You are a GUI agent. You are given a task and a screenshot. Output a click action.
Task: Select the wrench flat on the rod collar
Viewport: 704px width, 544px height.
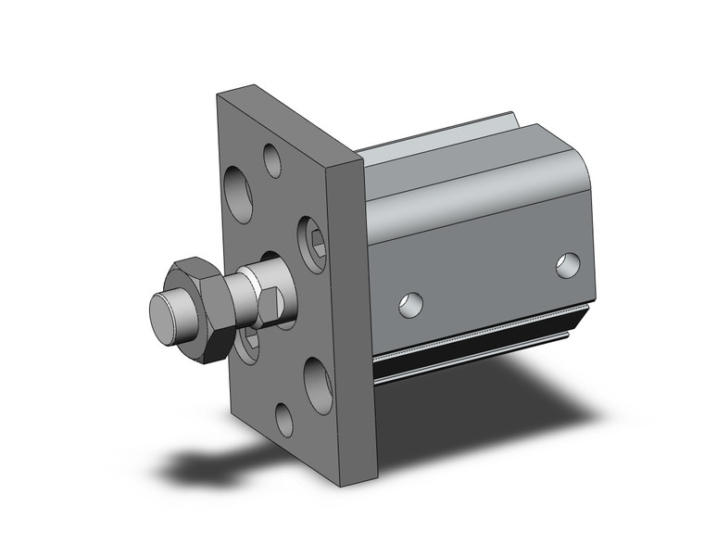coord(270,305)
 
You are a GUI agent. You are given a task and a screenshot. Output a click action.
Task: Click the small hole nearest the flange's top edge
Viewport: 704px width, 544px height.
coord(272,159)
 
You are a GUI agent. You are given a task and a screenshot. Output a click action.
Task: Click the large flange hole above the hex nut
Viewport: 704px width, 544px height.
coord(240,194)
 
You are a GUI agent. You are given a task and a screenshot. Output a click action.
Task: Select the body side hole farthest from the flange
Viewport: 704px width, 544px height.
coord(568,265)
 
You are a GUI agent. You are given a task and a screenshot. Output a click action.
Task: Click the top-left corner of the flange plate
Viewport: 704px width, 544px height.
coord(220,95)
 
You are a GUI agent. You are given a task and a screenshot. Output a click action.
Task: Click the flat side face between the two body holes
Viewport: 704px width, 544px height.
coord(486,278)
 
